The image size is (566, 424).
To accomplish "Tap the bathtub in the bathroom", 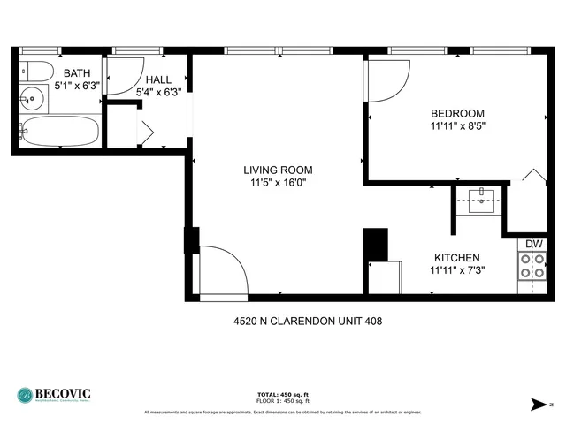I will (x=60, y=132).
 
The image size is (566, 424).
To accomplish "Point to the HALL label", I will (x=158, y=79).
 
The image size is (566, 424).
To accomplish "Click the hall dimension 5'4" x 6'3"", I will (x=158, y=91).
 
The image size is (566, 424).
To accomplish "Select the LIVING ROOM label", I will (x=279, y=170).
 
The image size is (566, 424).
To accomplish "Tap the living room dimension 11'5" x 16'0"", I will (x=279, y=183).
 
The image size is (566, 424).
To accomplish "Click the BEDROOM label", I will (x=457, y=113).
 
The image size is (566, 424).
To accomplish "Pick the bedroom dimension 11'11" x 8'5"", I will (x=457, y=125).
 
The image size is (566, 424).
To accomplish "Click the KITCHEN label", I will (x=456, y=257).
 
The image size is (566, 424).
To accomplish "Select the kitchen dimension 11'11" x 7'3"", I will (x=456, y=269).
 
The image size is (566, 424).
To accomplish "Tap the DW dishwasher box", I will (x=533, y=244).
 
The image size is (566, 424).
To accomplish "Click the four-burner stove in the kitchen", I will (x=532, y=265).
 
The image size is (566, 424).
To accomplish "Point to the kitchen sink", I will (x=481, y=201).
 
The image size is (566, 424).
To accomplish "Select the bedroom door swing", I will (x=386, y=81).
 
